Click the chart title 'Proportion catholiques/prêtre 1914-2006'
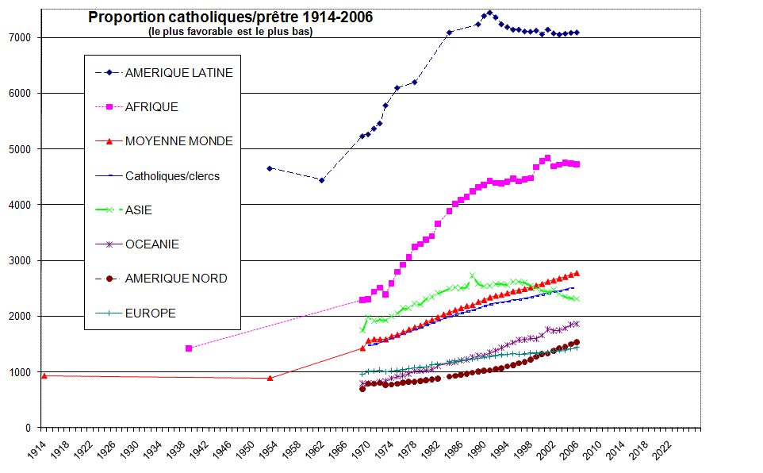click(230, 17)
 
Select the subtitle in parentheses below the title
click(230, 32)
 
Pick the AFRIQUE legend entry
click(151, 106)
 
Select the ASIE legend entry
click(138, 210)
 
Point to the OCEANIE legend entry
click(151, 244)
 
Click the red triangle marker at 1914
click(44, 375)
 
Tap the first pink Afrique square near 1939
click(188, 348)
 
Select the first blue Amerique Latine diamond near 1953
click(270, 168)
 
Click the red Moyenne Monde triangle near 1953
click(270, 378)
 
